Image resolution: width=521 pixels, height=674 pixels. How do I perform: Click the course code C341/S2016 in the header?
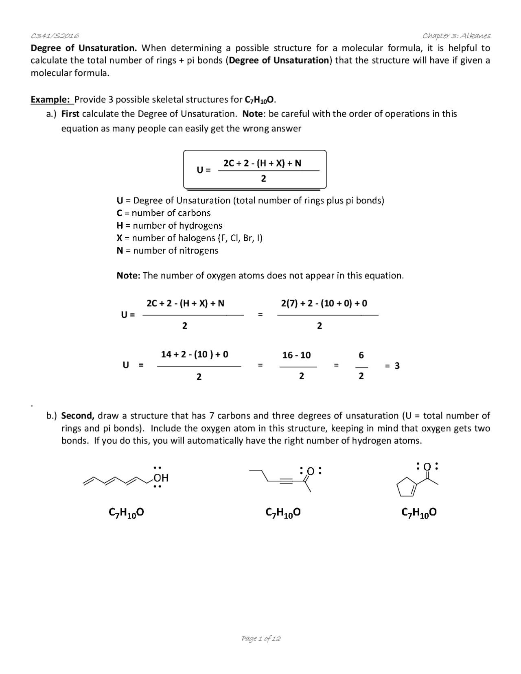55,36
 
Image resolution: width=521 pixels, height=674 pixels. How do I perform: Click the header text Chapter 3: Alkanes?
456,36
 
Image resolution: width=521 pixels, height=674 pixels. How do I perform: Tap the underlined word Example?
51,100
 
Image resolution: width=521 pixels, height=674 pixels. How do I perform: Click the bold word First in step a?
70,114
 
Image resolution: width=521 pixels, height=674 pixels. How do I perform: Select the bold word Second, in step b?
78,416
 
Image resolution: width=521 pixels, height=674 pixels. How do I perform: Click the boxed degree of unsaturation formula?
255,170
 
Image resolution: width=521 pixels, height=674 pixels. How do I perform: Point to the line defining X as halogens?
189,238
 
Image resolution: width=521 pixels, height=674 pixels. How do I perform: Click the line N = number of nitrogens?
167,250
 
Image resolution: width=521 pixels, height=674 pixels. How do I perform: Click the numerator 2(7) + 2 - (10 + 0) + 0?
324,303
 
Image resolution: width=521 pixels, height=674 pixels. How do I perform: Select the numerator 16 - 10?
296,355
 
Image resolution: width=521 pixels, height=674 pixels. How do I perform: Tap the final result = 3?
392,365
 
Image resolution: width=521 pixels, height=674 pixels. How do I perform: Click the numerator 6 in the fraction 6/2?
361,355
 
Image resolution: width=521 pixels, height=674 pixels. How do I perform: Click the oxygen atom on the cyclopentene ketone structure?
427,467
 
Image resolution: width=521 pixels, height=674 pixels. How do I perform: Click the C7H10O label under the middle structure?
283,513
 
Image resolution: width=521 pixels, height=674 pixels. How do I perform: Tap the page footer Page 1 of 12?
261,638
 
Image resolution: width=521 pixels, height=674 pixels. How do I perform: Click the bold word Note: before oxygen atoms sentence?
128,276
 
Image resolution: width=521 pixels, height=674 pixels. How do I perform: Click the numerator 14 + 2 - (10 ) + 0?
195,354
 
